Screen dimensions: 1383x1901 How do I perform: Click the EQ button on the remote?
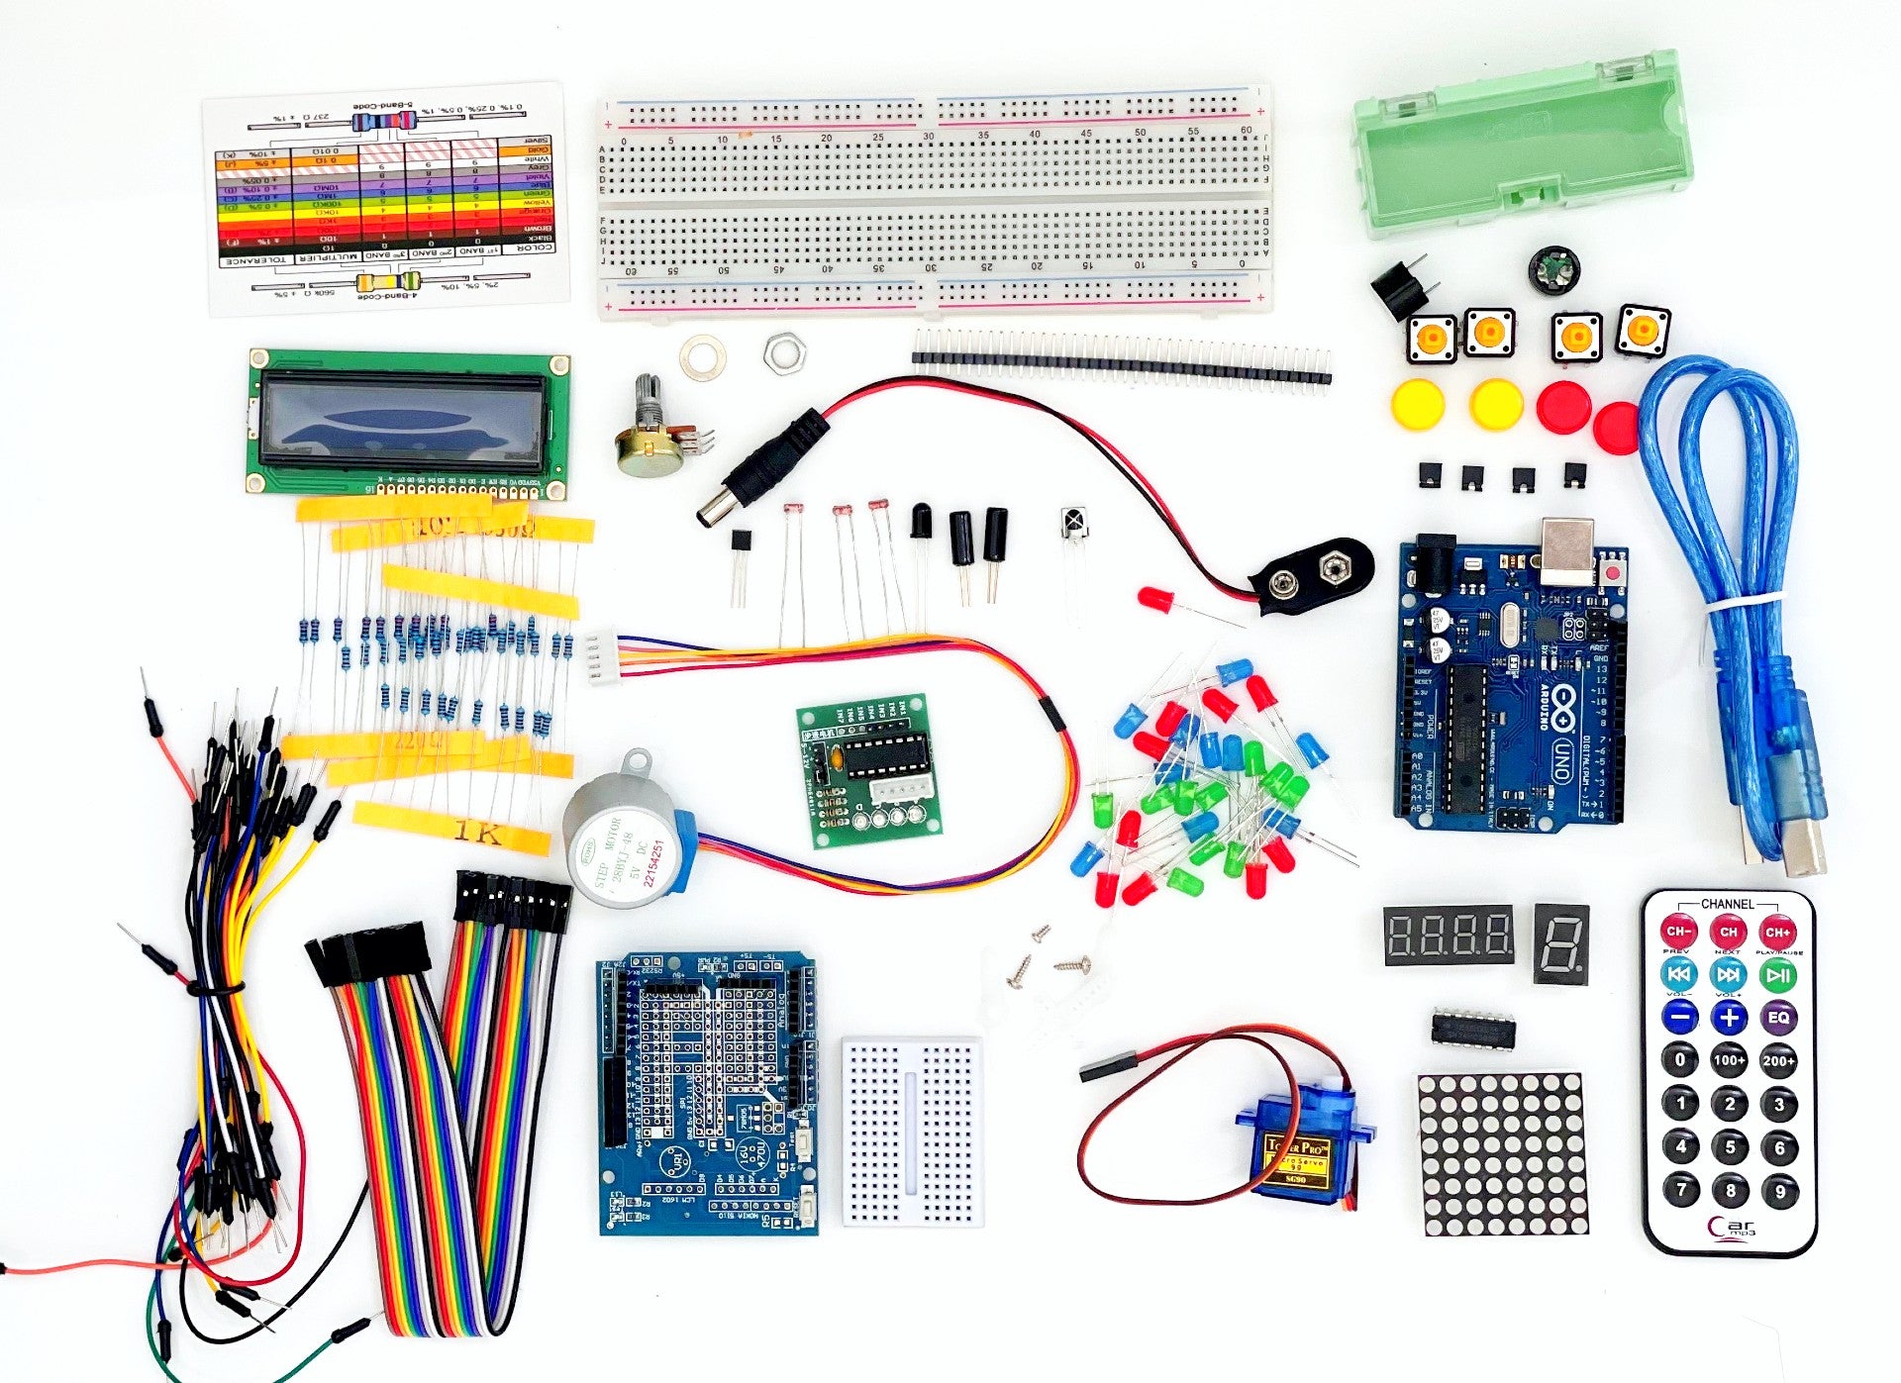tap(1778, 1017)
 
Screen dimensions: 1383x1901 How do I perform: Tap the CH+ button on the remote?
tap(1778, 932)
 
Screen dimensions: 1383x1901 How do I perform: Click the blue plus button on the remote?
tap(1729, 1017)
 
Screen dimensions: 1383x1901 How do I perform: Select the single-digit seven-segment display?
tap(1561, 942)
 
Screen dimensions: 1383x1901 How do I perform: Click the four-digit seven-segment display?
tap(1449, 934)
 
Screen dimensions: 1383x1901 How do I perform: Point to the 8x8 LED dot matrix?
tap(1502, 1153)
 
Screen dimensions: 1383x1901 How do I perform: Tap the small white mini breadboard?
tap(912, 1131)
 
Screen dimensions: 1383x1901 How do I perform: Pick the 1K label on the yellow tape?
tap(479, 831)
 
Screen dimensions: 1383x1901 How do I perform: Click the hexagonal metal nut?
tap(784, 353)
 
